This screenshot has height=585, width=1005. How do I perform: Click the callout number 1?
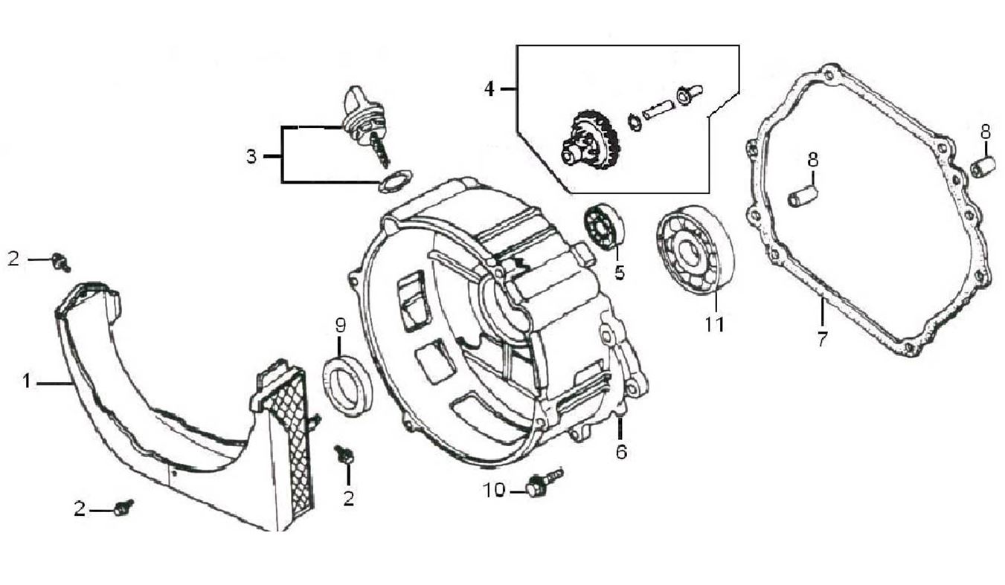(27, 382)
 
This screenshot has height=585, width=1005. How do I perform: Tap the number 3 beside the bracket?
(251, 157)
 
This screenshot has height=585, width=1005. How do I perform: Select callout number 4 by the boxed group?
(489, 88)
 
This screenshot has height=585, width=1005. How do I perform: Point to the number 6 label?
(621, 450)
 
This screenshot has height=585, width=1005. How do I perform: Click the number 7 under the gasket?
(822, 340)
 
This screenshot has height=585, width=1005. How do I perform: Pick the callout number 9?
(340, 325)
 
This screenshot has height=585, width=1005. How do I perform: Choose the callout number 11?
(714, 324)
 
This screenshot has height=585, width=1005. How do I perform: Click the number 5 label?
(619, 273)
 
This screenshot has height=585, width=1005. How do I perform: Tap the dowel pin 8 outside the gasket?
(983, 167)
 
